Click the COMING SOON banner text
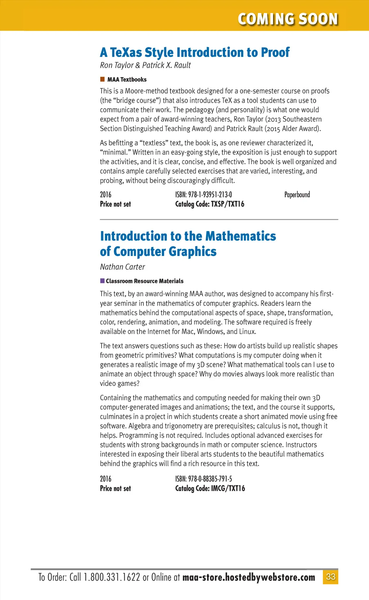click(x=288, y=19)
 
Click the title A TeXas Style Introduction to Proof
click(x=195, y=53)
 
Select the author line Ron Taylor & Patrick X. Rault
click(x=145, y=65)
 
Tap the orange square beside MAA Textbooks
click(x=102, y=79)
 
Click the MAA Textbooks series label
click(x=127, y=80)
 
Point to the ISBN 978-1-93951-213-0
click(x=204, y=195)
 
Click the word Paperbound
click(x=297, y=195)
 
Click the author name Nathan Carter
click(x=123, y=267)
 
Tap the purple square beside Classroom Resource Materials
click(x=102, y=281)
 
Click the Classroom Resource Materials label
click(x=145, y=281)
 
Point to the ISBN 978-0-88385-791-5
click(x=204, y=479)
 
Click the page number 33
click(x=330, y=577)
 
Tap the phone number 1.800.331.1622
click(x=112, y=577)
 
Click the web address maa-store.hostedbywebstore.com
click(x=249, y=577)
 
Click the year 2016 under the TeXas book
click(x=106, y=195)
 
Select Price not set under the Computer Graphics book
click(x=115, y=489)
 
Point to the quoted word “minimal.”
click(x=115, y=153)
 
